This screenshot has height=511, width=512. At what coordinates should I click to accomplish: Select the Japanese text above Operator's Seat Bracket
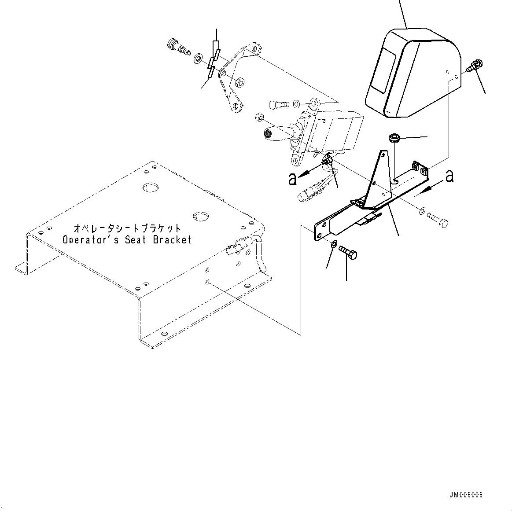127,228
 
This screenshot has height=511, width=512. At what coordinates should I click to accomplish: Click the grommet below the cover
394,139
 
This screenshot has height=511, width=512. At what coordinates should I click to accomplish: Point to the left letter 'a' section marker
292,179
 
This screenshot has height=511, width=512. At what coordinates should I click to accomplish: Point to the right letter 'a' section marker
449,176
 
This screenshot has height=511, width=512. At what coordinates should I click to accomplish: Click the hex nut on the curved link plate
240,82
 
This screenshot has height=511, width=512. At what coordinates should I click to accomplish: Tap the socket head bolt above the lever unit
278,105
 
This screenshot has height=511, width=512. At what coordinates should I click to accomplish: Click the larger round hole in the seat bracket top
151,187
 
